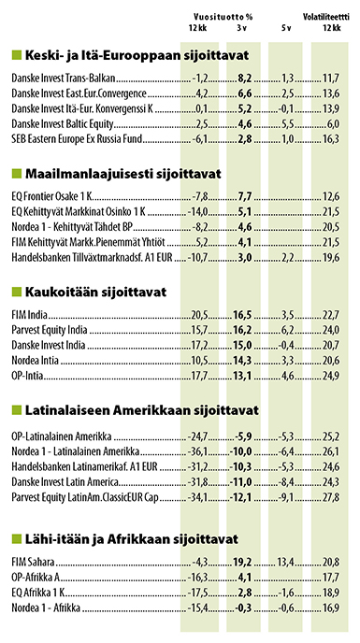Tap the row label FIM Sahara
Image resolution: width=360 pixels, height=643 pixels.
(29, 562)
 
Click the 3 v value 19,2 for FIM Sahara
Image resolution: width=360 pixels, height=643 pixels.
(245, 562)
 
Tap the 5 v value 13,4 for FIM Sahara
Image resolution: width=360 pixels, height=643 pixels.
(286, 562)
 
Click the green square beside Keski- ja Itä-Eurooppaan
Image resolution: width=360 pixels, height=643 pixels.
(12, 56)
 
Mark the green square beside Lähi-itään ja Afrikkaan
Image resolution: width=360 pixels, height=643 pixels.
(12, 539)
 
